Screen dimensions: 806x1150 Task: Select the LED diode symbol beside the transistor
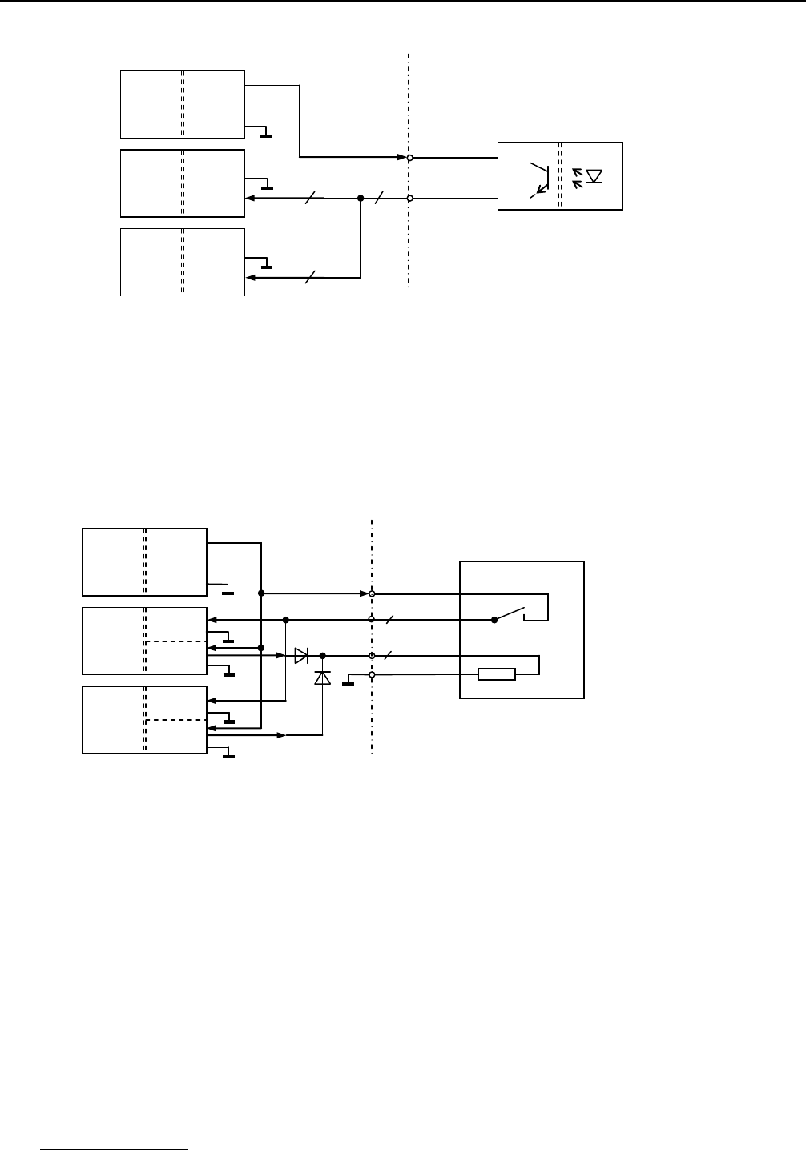click(594, 176)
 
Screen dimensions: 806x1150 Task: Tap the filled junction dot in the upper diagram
click(361, 198)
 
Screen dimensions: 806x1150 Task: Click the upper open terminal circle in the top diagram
click(409, 158)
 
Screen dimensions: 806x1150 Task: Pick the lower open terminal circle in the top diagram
click(409, 198)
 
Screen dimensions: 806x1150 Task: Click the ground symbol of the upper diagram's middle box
click(267, 187)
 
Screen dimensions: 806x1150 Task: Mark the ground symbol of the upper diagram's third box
click(267, 266)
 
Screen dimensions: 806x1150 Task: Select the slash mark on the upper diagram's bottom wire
click(311, 278)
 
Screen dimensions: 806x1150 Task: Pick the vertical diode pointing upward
click(322, 678)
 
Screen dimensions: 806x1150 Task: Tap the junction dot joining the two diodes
click(322, 656)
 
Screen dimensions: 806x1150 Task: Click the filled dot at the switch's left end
click(494, 620)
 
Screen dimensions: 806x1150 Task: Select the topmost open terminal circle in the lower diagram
click(372, 594)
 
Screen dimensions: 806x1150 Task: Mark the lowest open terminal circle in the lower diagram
click(372, 675)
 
